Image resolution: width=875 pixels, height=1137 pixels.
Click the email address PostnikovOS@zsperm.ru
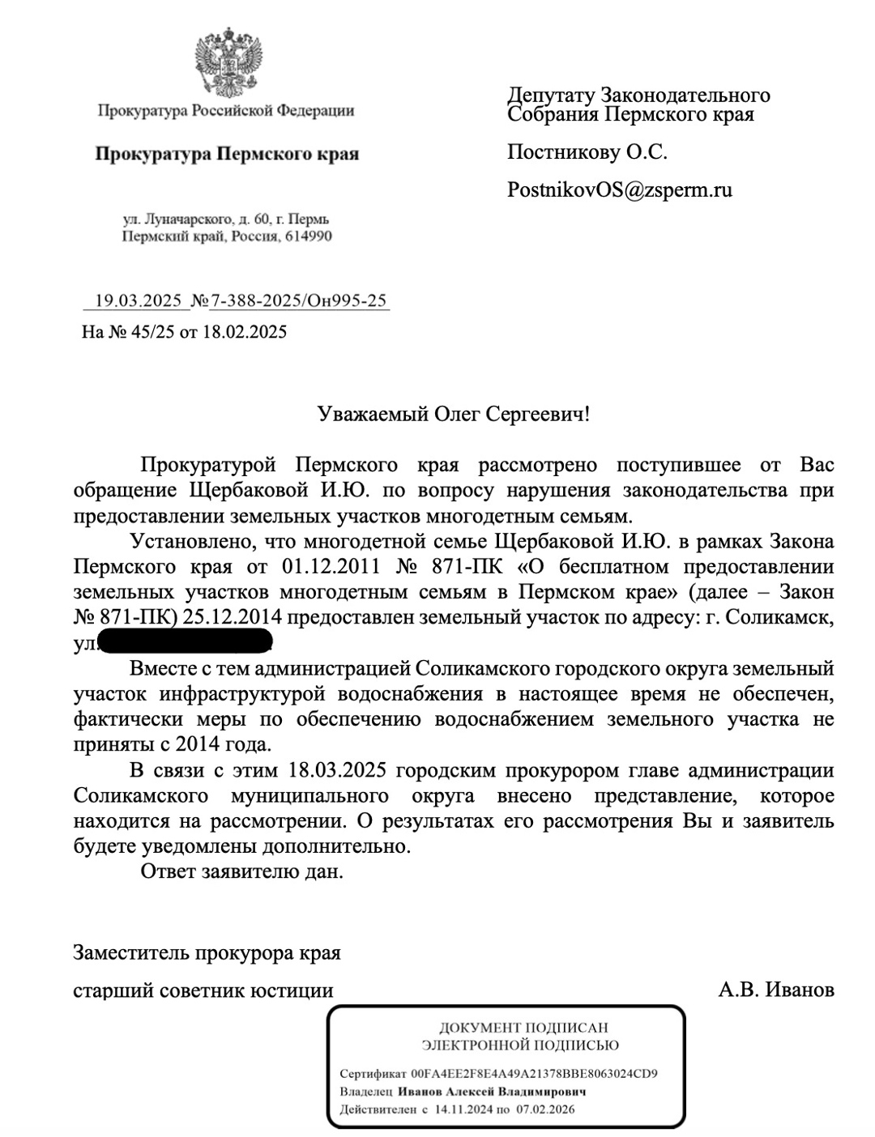620,190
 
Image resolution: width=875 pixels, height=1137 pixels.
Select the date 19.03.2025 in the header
138,301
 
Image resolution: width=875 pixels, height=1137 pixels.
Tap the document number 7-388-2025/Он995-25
298,301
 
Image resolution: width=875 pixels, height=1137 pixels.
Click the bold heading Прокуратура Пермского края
227,154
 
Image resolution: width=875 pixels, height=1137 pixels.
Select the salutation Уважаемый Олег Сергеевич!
454,415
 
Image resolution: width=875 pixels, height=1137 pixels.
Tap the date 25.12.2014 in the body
232,617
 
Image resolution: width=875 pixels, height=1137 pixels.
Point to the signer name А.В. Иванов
776,990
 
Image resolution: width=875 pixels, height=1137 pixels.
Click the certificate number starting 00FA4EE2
535,1075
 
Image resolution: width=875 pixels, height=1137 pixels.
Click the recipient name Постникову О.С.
587,152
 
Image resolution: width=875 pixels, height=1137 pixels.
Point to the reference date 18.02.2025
244,331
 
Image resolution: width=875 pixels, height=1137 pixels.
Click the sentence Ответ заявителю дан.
241,872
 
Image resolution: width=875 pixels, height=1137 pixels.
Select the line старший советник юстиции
203,990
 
